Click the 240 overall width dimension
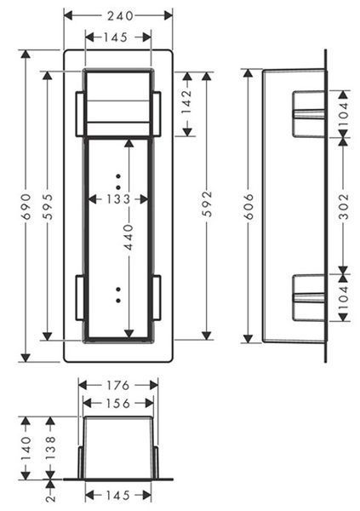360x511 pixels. click(120, 15)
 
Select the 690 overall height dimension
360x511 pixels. click(26, 207)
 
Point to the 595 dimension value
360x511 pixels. click(48, 207)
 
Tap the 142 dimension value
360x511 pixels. click(186, 101)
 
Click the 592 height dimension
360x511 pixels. click(207, 204)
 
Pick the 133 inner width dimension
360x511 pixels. click(118, 199)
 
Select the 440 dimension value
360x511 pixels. click(129, 237)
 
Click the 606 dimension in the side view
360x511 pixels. click(249, 207)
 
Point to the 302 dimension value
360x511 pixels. click(343, 207)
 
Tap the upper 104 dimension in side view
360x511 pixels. click(343, 111)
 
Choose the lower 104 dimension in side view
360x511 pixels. click(343, 298)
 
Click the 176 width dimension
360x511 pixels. click(118, 386)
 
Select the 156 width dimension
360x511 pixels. click(118, 404)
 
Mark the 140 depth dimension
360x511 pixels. click(26, 449)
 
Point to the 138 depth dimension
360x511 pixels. click(50, 449)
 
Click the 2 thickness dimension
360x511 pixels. click(51, 497)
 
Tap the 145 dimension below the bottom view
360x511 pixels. click(118, 496)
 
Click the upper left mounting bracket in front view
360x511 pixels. click(80, 114)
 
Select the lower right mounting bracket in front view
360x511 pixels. click(157, 297)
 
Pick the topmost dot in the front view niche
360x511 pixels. click(118, 176)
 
